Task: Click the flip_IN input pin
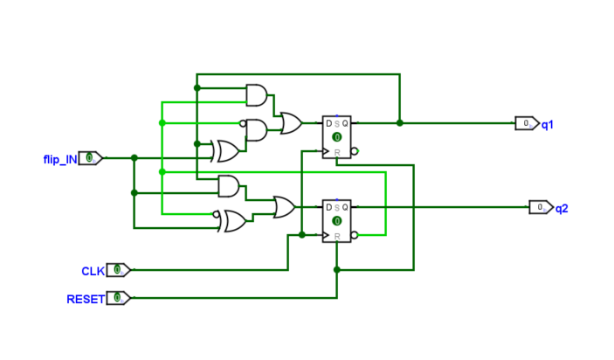click(x=91, y=158)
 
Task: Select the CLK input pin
click(x=118, y=270)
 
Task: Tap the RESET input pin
click(x=118, y=298)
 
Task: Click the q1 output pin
click(x=527, y=123)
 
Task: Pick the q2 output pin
click(x=541, y=207)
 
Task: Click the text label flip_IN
click(x=59, y=158)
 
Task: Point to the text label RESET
click(x=85, y=299)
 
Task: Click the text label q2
click(x=562, y=208)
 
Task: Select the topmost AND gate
click(x=258, y=94)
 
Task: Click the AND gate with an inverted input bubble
click(x=257, y=129)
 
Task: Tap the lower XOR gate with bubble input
click(x=233, y=221)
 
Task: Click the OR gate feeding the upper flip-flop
click(x=291, y=123)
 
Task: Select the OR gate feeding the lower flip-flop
click(x=284, y=207)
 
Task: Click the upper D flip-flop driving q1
click(x=337, y=137)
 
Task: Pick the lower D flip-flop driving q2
click(x=337, y=221)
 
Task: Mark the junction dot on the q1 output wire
click(x=399, y=123)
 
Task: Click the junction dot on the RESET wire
click(x=336, y=270)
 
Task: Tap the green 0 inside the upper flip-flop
click(x=336, y=138)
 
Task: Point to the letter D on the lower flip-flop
click(x=329, y=207)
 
